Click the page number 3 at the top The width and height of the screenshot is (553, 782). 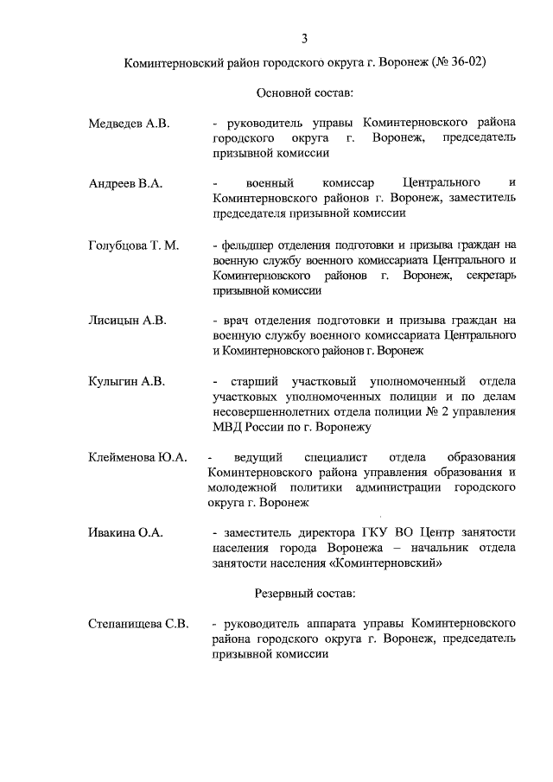[x=304, y=38]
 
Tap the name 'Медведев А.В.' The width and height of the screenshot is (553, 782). [x=130, y=124]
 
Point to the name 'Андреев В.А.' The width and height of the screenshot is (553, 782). [x=126, y=184]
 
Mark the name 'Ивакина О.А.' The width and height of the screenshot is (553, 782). [x=126, y=533]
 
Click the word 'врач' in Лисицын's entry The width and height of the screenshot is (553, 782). [x=236, y=321]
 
